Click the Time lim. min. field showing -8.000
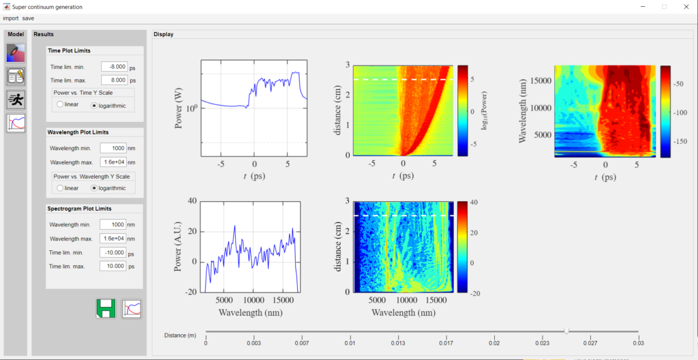(114, 67)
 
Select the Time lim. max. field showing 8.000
(114, 79)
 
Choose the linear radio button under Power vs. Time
(60, 104)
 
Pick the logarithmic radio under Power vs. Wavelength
(95, 187)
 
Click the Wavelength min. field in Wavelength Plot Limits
(113, 148)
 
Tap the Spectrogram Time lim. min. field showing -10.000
(113, 252)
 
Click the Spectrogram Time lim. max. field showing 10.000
(113, 266)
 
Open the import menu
(10, 18)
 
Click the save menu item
(28, 18)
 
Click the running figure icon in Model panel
(16, 100)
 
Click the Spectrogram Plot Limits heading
(79, 208)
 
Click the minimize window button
(641, 7)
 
